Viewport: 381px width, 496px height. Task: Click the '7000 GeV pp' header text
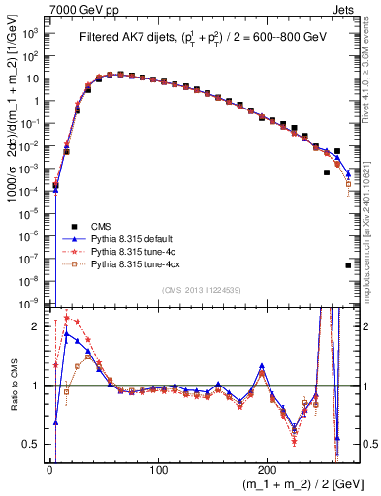79,9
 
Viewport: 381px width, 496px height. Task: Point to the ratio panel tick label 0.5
33,444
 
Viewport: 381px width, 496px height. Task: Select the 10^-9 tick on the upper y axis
32,303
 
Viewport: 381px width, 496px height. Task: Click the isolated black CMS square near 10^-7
348,264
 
